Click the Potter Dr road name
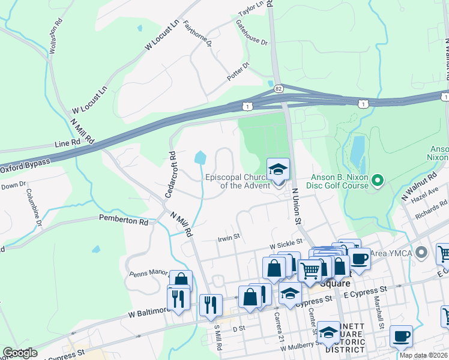pos(238,73)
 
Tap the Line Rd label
pos(67,144)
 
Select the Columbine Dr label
pos(34,208)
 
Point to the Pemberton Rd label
pos(124,221)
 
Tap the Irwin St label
pos(229,237)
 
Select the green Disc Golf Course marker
pos(378,179)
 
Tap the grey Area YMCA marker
pos(421,252)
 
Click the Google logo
pos(20,353)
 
